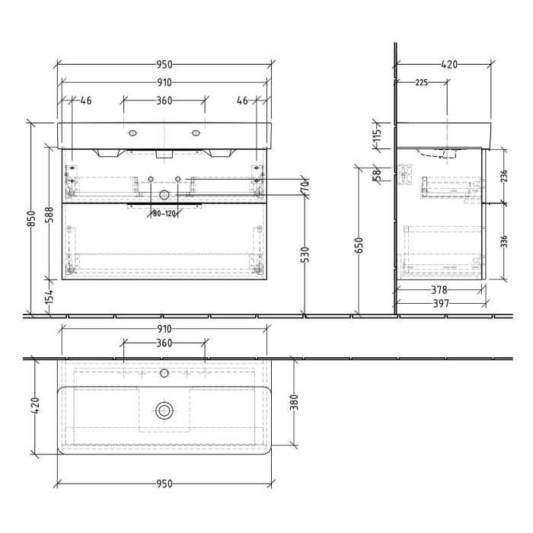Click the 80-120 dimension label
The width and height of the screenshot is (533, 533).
pos(164,213)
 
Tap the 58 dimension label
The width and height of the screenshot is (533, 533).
pos(376,175)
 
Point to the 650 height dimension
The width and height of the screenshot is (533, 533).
pos(358,244)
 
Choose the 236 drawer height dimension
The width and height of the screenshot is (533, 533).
pos(502,176)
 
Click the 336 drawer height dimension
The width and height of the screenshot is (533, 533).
pos(502,242)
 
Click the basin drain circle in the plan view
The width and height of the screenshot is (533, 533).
pos(164,411)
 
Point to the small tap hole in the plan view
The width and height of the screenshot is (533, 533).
pos(164,375)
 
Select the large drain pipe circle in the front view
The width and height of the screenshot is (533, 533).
pos(164,195)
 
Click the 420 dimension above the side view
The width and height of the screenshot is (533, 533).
pos(449,65)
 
